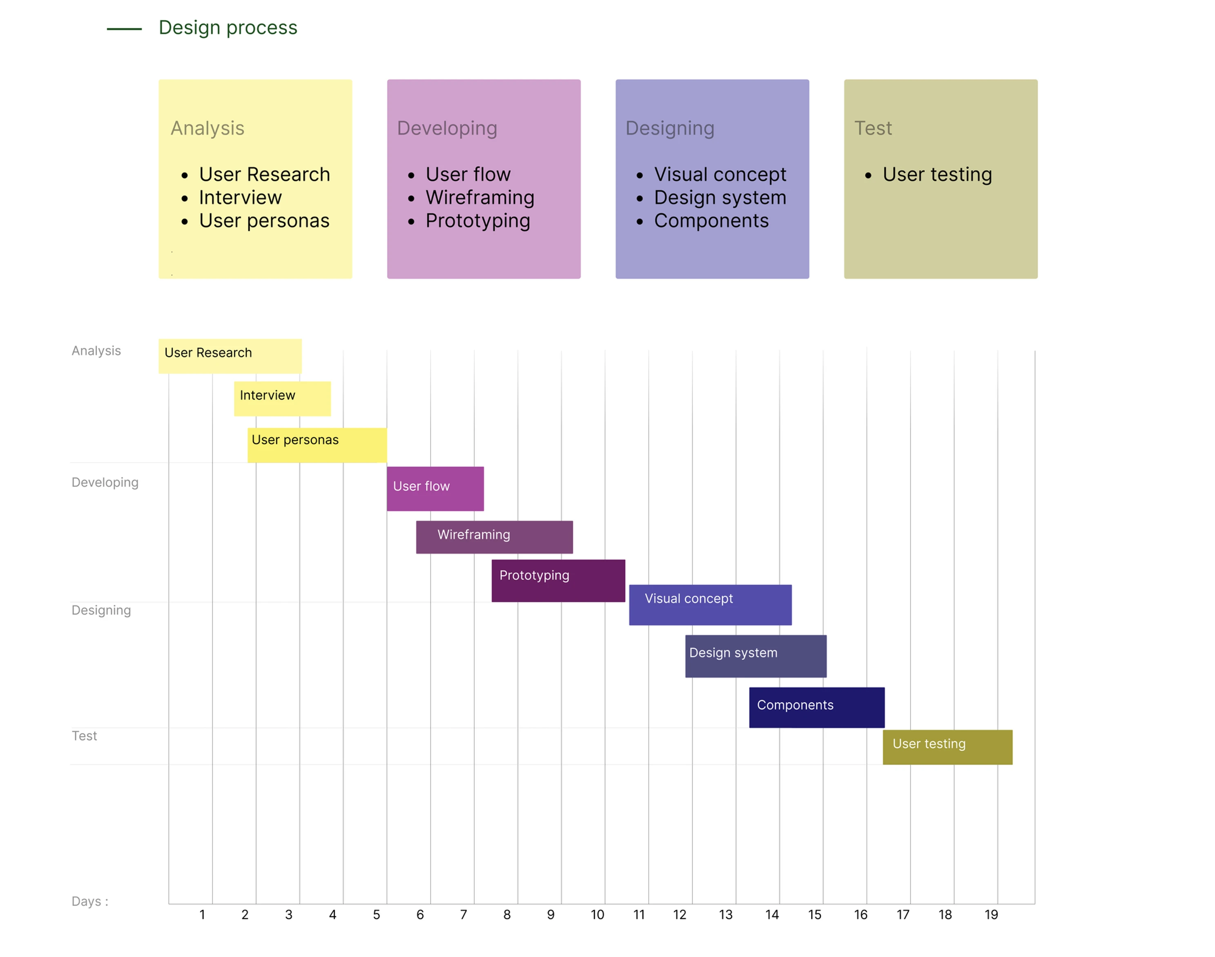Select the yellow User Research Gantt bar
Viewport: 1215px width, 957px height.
230,356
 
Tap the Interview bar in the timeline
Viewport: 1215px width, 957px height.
283,398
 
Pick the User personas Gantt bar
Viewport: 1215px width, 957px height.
317,445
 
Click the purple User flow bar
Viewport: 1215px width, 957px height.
435,489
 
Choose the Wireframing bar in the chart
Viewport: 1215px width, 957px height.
494,537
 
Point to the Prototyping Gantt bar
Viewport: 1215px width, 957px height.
558,581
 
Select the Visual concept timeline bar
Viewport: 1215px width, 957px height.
710,605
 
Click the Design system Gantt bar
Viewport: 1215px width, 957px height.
756,656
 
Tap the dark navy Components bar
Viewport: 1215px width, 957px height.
816,707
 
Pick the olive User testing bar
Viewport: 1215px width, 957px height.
947,747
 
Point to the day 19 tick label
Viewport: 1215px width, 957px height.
991,915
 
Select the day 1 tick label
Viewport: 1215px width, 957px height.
202,915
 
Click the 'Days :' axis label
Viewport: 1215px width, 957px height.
90,901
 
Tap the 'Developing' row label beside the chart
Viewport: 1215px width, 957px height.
105,483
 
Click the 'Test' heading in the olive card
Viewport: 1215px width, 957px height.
873,128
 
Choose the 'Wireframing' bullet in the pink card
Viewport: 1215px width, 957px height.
480,197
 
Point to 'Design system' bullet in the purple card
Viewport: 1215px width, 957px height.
720,197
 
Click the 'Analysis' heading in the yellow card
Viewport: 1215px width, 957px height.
207,128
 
